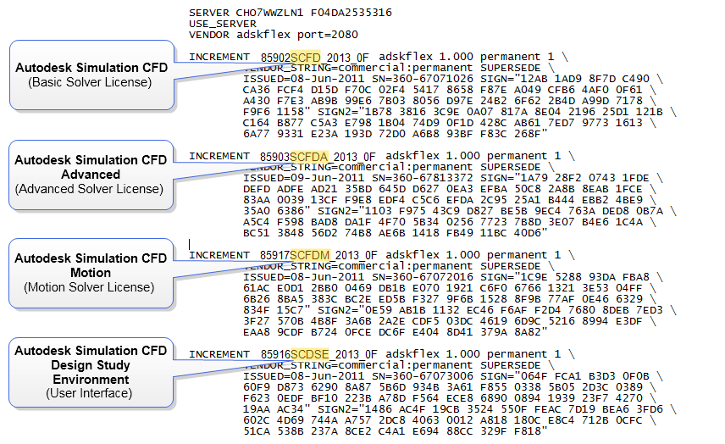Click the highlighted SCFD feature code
[x=305, y=58]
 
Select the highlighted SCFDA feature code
[x=309, y=156]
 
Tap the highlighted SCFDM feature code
[x=310, y=255]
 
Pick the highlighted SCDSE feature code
[x=310, y=354]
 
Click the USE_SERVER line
[x=223, y=24]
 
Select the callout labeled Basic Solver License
[x=91, y=75]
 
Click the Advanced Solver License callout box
[x=91, y=175]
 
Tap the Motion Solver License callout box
[x=91, y=274]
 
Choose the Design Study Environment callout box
[x=91, y=372]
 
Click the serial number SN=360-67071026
[x=423, y=79]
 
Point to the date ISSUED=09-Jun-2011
[x=304, y=178]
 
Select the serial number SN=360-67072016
[x=423, y=277]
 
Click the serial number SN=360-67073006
[x=423, y=376]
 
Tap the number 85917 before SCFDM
[x=274, y=255]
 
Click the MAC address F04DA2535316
[x=351, y=13]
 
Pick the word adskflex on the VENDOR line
[x=263, y=35]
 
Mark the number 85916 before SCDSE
[x=275, y=354]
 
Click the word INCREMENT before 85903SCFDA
[x=219, y=156]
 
